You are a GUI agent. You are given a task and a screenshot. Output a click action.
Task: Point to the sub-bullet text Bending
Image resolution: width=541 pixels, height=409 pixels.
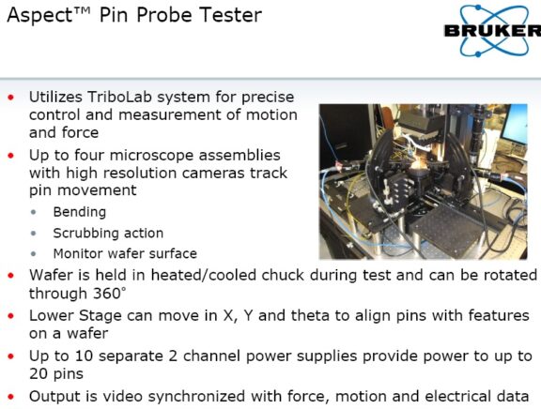[x=79, y=212]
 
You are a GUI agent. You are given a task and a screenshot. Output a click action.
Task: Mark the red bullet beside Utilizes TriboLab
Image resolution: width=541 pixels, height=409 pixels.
[x=10, y=98]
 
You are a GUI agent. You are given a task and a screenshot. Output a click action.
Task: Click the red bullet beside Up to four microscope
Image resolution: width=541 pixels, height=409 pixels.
[x=10, y=153]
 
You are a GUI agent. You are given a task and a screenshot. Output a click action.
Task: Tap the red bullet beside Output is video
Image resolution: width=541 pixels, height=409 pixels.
[x=10, y=397]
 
